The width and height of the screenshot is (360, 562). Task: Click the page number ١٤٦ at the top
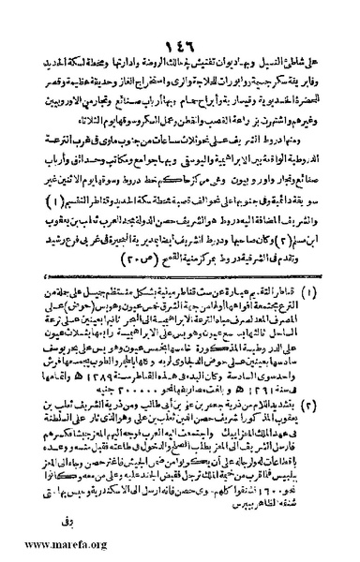click(180, 20)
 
